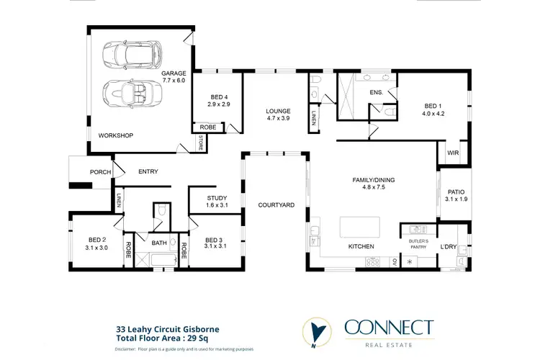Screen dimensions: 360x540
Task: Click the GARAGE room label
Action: tap(174, 73)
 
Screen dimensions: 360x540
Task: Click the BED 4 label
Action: tap(220, 97)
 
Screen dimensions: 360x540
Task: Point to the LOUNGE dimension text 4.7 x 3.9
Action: tap(277, 118)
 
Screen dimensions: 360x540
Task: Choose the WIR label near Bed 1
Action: tap(453, 153)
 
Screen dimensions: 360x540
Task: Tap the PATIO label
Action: tap(456, 192)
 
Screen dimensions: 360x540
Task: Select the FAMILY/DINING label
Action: tap(373, 179)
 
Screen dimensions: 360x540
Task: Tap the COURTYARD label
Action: tap(276, 205)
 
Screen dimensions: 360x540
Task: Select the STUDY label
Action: tap(217, 198)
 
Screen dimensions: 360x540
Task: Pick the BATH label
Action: tap(159, 243)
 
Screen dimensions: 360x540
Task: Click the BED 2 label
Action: tap(97, 240)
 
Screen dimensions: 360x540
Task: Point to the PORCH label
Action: tap(100, 172)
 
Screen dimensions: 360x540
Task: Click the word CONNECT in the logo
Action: tap(389, 328)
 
